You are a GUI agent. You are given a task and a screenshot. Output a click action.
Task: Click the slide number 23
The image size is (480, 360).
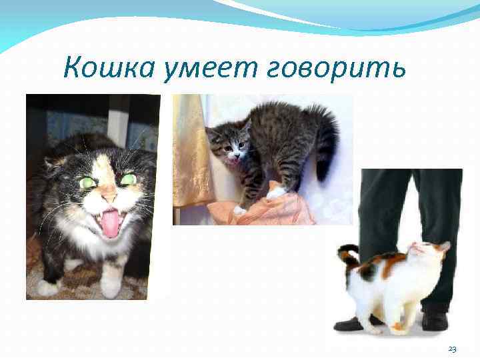(452, 349)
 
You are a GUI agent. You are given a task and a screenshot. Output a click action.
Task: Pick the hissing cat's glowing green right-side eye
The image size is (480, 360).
(129, 179)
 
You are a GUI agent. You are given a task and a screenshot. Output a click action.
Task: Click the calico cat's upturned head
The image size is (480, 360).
(427, 253)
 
